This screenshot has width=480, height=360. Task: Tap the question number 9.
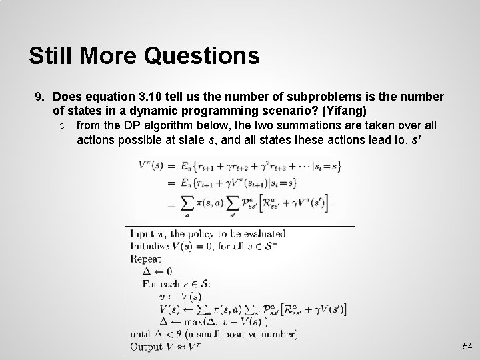pyautogui.click(x=39, y=97)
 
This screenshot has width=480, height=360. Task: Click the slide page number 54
pyautogui.click(x=467, y=347)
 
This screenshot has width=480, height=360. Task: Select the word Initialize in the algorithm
pyautogui.click(x=151, y=246)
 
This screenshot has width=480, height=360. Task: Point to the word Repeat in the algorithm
pyautogui.click(x=146, y=259)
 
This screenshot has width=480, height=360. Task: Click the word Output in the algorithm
pyautogui.click(x=147, y=347)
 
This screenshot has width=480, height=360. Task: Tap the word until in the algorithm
pyautogui.click(x=141, y=334)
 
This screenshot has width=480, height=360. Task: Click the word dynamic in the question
pyautogui.click(x=149, y=110)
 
